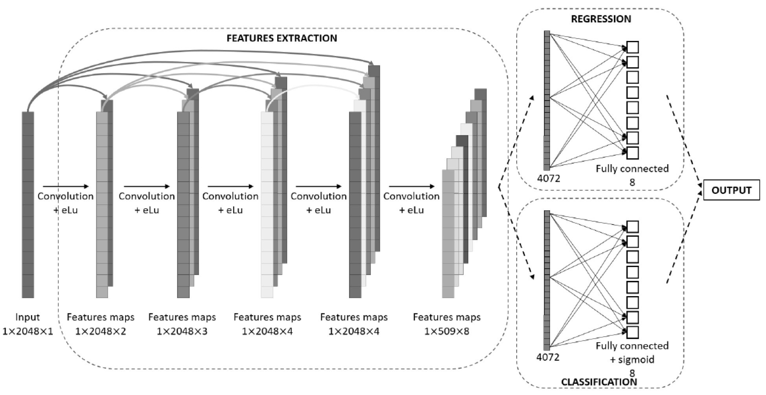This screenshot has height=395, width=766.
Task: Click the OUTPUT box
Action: [731, 190]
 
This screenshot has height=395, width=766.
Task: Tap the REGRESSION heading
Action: [601, 19]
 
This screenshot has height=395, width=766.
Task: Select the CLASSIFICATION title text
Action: [599, 382]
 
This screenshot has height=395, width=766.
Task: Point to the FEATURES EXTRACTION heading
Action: [282, 38]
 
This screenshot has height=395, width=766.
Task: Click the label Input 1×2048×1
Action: [28, 324]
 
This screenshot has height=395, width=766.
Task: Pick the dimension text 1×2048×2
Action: [101, 331]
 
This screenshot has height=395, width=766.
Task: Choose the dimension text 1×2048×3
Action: [182, 331]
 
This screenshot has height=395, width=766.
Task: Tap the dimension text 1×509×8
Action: [447, 331]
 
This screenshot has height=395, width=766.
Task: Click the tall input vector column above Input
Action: [28, 205]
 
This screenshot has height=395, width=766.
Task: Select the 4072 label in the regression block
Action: [549, 178]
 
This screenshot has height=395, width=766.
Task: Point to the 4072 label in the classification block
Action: [548, 357]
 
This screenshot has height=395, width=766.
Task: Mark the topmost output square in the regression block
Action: [632, 47]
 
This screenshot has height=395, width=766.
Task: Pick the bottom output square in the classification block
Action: [632, 332]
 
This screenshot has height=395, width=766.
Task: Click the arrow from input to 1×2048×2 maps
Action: [66, 186]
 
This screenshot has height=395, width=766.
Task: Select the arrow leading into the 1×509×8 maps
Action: [412, 186]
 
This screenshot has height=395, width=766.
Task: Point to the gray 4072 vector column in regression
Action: [547, 100]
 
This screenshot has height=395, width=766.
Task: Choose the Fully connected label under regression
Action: [632, 169]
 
